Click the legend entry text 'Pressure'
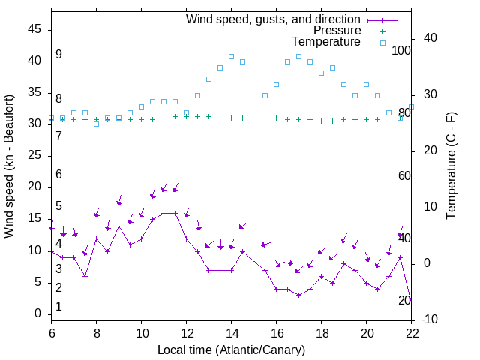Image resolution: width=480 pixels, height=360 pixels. pyautogui.click(x=337, y=31)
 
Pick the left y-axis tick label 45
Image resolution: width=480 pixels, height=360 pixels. pyautogui.click(x=34, y=28)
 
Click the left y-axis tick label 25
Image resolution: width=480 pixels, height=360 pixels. pyautogui.click(x=34, y=155)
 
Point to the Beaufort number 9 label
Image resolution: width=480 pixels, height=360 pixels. pyautogui.click(x=58, y=55)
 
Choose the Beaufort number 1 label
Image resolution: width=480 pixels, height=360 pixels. pyautogui.click(x=58, y=307)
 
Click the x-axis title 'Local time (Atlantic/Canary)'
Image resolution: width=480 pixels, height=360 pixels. pyautogui.click(x=232, y=349)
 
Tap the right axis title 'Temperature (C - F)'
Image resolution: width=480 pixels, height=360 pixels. pyautogui.click(x=451, y=166)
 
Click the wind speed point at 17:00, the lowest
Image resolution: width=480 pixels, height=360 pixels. pyautogui.click(x=299, y=295)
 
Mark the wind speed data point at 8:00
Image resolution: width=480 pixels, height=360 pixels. pyautogui.click(x=97, y=238)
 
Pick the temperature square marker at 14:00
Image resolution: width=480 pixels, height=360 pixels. pyautogui.click(x=232, y=56)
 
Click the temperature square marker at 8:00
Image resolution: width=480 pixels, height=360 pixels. pyautogui.click(x=97, y=124)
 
